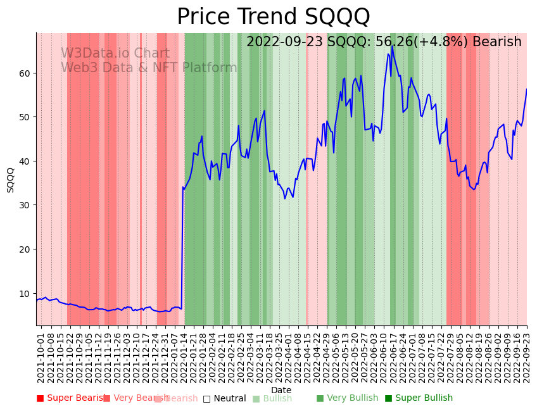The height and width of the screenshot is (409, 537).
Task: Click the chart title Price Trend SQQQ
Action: [x=273, y=17]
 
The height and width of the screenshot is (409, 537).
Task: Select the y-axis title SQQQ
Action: [x=10, y=180]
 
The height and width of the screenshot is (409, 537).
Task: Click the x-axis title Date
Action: [x=281, y=390]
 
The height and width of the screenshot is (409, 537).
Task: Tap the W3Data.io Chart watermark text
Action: [x=115, y=54]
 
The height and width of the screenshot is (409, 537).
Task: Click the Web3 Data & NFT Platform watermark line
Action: [x=149, y=68]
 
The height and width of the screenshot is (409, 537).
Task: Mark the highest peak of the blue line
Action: [x=393, y=46]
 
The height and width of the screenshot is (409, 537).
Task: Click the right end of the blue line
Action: [x=526, y=89]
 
